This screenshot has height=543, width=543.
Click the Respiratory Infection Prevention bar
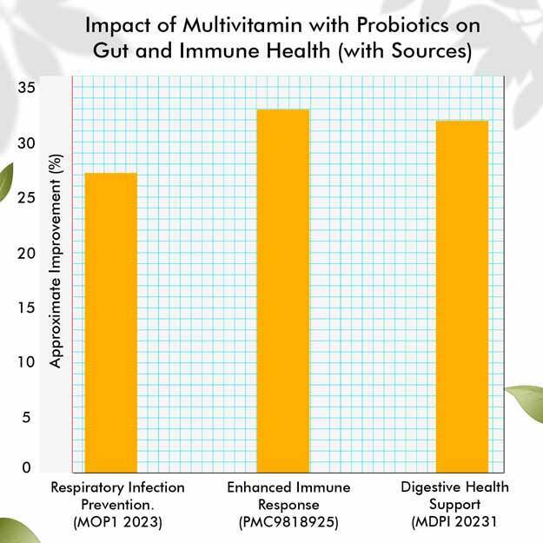pyautogui.click(x=111, y=322)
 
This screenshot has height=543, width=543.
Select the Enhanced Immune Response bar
pyautogui.click(x=283, y=291)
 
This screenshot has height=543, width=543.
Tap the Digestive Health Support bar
pyautogui.click(x=462, y=296)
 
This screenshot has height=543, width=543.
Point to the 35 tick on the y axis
pyautogui.click(x=27, y=87)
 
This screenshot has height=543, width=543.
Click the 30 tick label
pyautogui.click(x=27, y=142)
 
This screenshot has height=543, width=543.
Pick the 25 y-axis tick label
pyautogui.click(x=27, y=198)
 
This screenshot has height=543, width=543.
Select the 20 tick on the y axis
pyautogui.click(x=27, y=253)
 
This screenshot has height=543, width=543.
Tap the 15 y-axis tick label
pyautogui.click(x=27, y=308)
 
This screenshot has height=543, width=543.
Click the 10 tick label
pyautogui.click(x=27, y=362)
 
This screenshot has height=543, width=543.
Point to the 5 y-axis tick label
pyautogui.click(x=26, y=417)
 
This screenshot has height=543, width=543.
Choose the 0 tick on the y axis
pyautogui.click(x=26, y=467)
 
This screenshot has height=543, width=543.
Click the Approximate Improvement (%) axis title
pyautogui.click(x=56, y=261)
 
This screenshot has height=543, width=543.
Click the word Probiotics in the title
pyautogui.click(x=403, y=25)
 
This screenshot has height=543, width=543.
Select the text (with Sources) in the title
pyautogui.click(x=405, y=51)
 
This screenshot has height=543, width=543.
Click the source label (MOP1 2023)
pyautogui.click(x=118, y=522)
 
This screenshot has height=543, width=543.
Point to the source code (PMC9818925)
pyautogui.click(x=288, y=522)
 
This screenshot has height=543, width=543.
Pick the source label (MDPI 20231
pyautogui.click(x=454, y=521)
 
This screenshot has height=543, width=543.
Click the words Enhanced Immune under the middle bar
pyautogui.click(x=288, y=487)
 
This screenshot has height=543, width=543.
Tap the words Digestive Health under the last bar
pyautogui.click(x=454, y=487)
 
